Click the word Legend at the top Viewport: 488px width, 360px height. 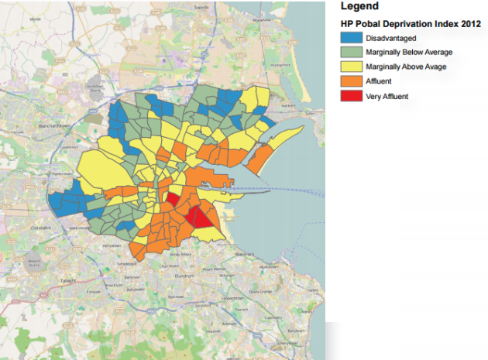click(x=359, y=6)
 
